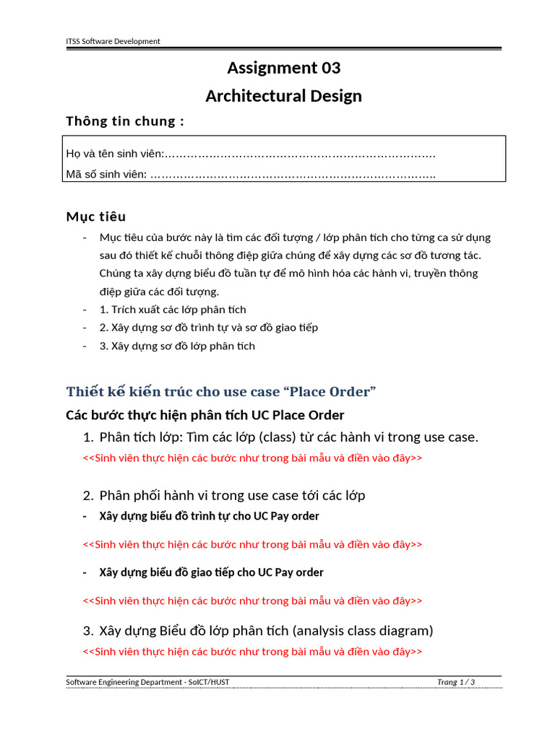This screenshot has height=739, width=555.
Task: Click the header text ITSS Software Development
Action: pyautogui.click(x=113, y=41)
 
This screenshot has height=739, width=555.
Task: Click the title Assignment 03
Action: pyautogui.click(x=283, y=68)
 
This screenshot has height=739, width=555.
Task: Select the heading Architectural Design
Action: pyautogui.click(x=283, y=96)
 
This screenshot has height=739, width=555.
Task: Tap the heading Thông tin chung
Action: pyautogui.click(x=125, y=121)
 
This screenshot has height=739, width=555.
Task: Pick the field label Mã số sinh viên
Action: pyautogui.click(x=107, y=174)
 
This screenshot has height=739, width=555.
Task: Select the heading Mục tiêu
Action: pyautogui.click(x=96, y=217)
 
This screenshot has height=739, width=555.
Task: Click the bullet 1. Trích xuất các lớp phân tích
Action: pyautogui.click(x=173, y=310)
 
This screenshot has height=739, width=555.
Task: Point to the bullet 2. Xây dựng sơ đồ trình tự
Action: pyautogui.click(x=209, y=328)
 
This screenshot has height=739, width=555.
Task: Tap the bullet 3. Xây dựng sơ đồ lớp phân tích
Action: pyautogui.click(x=177, y=346)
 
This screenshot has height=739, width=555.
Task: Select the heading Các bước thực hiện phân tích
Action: pyautogui.click(x=205, y=415)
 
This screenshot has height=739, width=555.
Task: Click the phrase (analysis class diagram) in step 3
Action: pyautogui.click(x=363, y=631)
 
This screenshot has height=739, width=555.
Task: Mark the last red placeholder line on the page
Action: pyautogui.click(x=253, y=652)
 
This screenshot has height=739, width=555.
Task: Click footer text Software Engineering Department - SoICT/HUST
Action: pyautogui.click(x=147, y=682)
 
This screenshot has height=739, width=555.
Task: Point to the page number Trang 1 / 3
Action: pyautogui.click(x=456, y=682)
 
